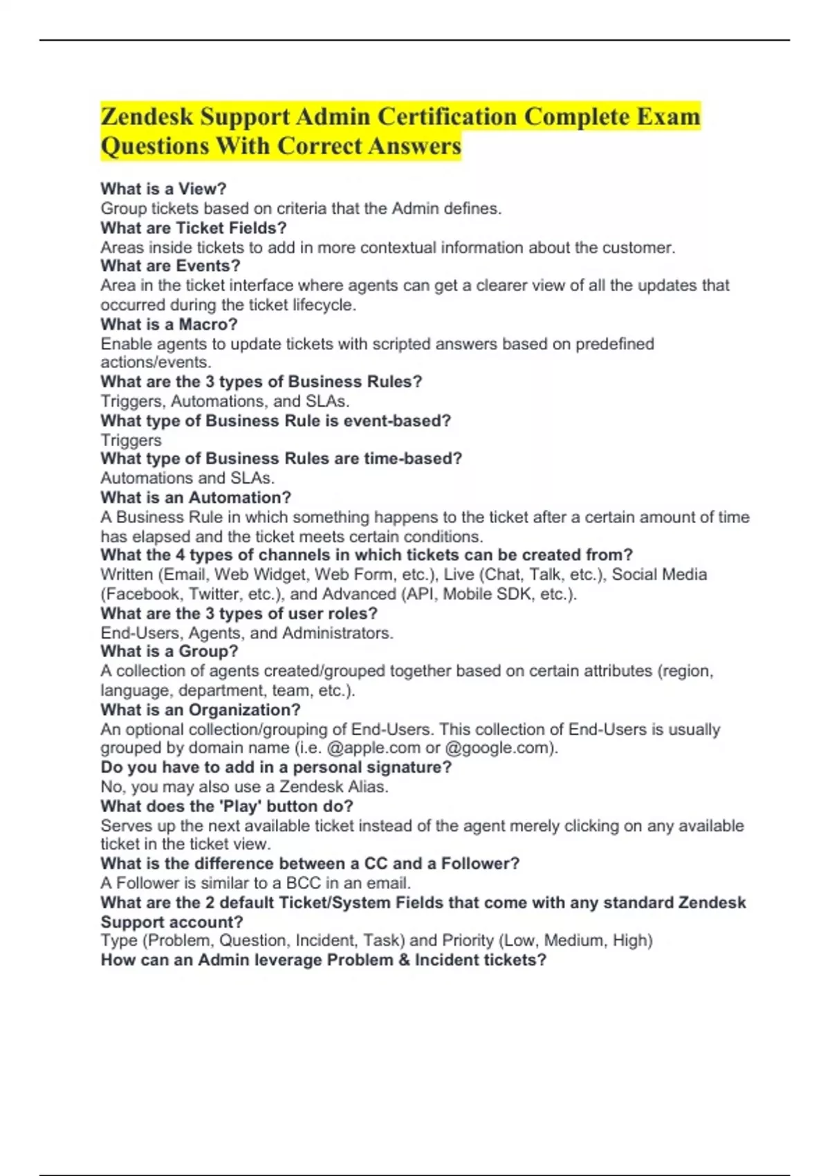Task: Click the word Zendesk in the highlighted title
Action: pos(147,116)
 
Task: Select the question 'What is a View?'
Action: pos(163,189)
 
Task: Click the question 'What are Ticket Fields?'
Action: pos(193,228)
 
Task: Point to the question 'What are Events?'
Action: pos(170,266)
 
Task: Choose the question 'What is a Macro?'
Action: pos(169,324)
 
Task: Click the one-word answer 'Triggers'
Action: pos(131,440)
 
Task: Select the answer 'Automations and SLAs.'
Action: pos(187,478)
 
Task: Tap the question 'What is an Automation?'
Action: pos(196,497)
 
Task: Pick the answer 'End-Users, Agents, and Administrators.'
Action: pos(247,633)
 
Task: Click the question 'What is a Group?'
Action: pos(169,651)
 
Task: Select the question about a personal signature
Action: pos(276,767)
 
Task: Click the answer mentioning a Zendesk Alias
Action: pos(244,787)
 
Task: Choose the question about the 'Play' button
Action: pos(227,806)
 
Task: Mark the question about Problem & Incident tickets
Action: pos(323,960)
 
